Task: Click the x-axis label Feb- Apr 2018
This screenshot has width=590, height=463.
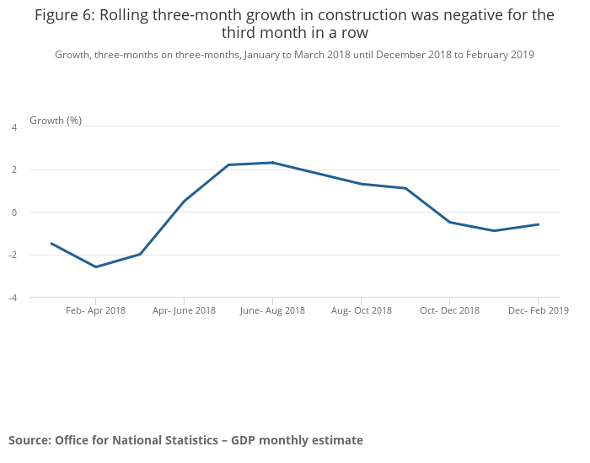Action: click(95, 310)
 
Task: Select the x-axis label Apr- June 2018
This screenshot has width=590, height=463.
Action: click(184, 310)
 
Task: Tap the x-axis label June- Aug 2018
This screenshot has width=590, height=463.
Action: click(272, 310)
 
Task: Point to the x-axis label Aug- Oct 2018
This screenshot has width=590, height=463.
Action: click(361, 310)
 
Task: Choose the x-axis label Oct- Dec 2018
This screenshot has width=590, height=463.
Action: click(449, 310)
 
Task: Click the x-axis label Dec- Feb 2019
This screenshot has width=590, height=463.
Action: click(538, 310)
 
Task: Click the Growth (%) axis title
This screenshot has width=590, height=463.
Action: click(56, 121)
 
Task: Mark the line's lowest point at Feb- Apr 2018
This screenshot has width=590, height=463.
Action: click(95, 267)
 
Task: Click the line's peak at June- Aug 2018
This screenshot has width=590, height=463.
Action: click(272, 163)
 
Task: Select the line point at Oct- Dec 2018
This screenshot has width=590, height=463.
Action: click(449, 222)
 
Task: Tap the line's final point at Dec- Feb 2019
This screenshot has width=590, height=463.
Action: click(538, 224)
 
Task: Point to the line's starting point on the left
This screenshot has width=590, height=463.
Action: click(51, 244)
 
